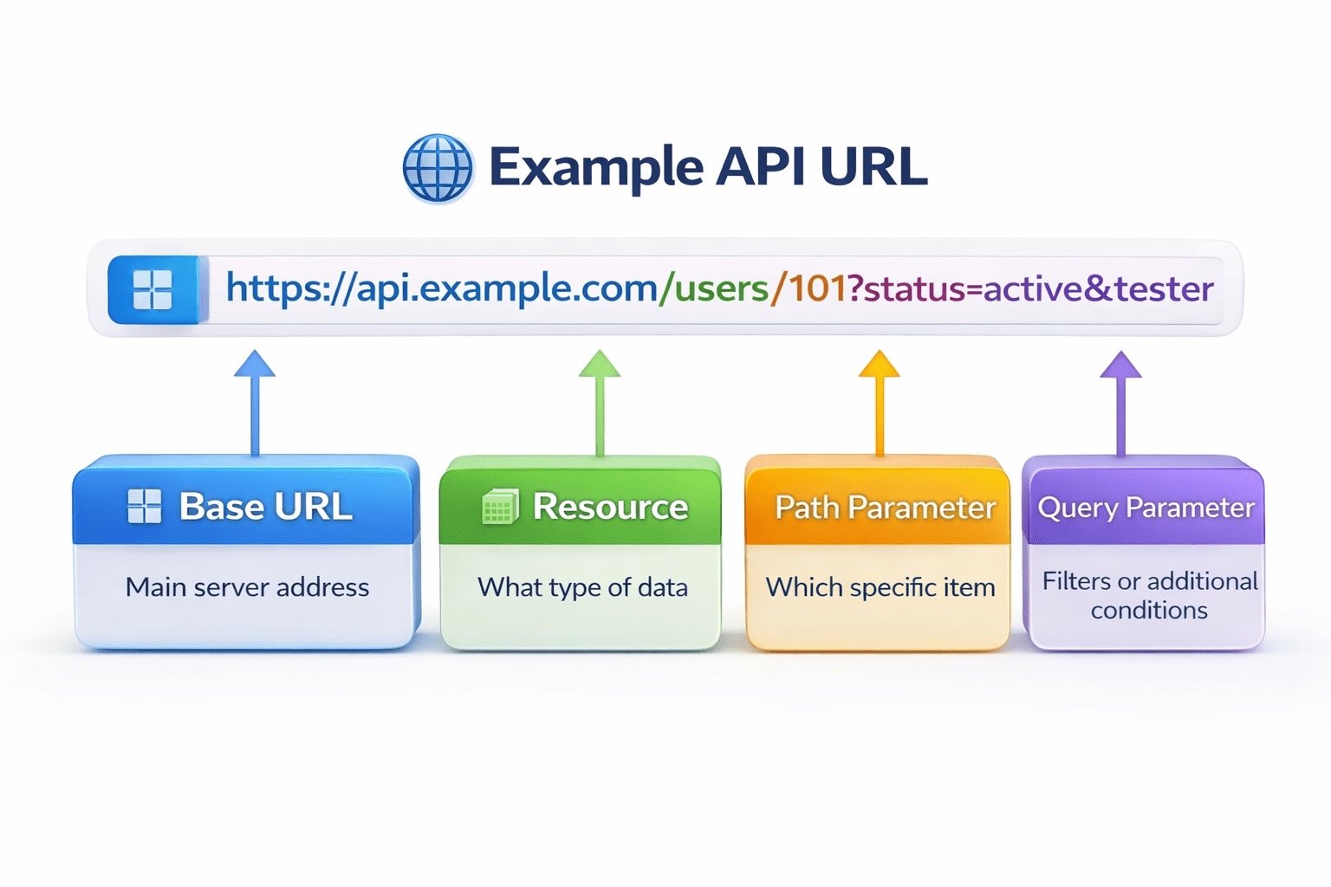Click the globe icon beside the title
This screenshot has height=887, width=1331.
(438, 168)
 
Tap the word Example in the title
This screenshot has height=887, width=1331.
(595, 167)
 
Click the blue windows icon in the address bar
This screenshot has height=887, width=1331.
(153, 289)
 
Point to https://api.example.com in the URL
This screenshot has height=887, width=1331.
(441, 288)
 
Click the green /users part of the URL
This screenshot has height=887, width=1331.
(714, 288)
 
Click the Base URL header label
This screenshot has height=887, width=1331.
(265, 507)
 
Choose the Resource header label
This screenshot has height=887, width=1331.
(610, 507)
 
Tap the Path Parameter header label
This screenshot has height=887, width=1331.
(885, 508)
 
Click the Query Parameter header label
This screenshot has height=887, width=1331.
(1146, 508)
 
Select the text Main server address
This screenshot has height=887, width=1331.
(247, 587)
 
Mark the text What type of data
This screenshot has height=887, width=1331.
(582, 587)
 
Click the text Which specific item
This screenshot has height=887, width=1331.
(880, 587)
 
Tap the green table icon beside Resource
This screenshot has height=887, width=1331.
(500, 508)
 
